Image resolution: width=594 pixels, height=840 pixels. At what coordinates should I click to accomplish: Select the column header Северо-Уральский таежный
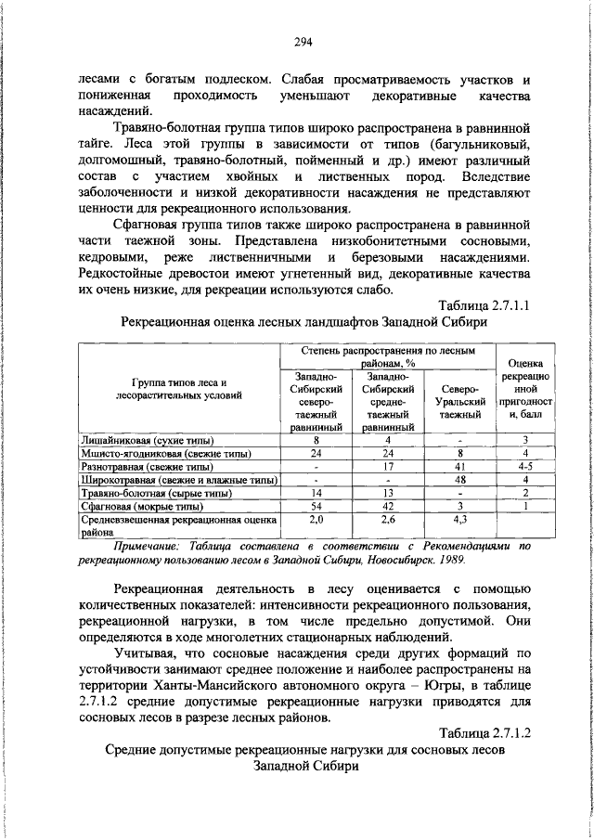pyautogui.click(x=460, y=402)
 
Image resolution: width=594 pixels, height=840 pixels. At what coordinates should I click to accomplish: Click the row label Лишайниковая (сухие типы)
pyautogui.click(x=148, y=439)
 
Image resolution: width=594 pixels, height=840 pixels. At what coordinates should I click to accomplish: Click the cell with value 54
pyautogui.click(x=316, y=507)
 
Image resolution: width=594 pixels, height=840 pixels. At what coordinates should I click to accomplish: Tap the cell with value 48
pyautogui.click(x=460, y=480)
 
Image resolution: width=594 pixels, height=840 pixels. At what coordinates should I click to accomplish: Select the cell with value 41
pyautogui.click(x=460, y=466)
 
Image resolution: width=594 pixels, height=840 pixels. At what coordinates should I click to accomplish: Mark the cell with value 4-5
pyautogui.click(x=524, y=466)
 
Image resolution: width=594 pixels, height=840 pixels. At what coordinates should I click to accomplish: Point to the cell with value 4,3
pyautogui.click(x=460, y=521)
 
